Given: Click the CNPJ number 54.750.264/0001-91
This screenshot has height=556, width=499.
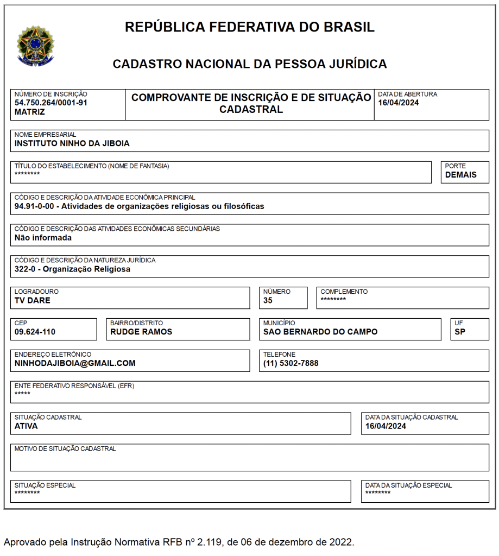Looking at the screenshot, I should click(51, 103).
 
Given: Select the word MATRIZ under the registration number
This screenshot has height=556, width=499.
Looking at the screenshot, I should click(30, 112).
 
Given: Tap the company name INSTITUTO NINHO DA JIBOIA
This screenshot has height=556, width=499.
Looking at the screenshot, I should click(72, 144).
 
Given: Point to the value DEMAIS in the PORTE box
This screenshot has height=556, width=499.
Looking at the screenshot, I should click(460, 175).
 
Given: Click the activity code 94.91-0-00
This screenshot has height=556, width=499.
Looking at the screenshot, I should click(35, 206).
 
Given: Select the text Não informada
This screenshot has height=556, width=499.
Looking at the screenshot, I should click(43, 237).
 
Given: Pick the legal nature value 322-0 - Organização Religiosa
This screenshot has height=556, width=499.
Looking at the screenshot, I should click(72, 269).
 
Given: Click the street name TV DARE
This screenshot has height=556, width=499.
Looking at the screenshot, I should click(33, 300).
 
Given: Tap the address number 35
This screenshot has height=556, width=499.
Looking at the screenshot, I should click(268, 300).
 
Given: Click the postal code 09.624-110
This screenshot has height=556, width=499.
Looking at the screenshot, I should click(35, 332).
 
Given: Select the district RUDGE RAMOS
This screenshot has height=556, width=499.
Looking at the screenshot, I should click(141, 332).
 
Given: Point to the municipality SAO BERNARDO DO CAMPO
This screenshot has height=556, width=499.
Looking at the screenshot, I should click(320, 332).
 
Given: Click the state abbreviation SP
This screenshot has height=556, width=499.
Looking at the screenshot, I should click(460, 332).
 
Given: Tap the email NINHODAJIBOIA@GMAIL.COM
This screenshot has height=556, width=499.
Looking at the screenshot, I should click(75, 363).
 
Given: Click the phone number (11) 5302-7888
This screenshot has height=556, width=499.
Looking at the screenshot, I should click(291, 363).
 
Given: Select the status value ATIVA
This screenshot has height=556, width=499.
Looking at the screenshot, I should click(26, 426).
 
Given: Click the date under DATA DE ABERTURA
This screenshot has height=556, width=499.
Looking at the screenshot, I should click(399, 103).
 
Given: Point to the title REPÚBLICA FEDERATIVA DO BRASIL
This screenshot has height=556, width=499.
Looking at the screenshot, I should click(250, 27).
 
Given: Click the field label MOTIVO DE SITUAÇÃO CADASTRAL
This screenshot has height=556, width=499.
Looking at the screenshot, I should click(65, 449).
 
